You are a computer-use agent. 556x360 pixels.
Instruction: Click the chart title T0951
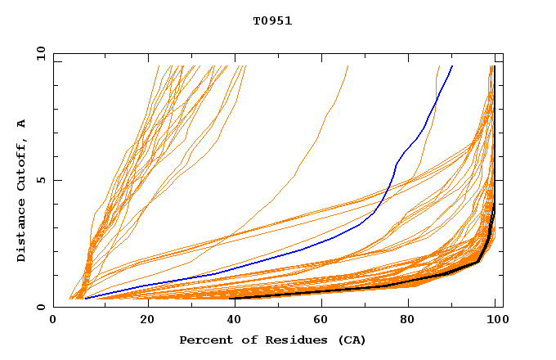pyautogui.click(x=272, y=21)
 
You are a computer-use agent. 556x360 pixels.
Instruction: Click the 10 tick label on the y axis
pyautogui.click(x=40, y=54)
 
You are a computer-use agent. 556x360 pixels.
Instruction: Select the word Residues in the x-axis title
pyautogui.click(x=290, y=340)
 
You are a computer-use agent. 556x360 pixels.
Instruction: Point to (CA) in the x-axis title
pyautogui.click(x=352, y=340)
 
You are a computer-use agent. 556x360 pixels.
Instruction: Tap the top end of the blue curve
pyautogui.click(x=452, y=66)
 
